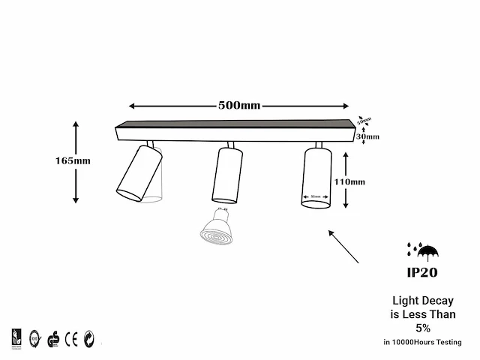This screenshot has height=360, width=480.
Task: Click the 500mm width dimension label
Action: (239, 105)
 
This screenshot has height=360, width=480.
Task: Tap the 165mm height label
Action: (73, 160)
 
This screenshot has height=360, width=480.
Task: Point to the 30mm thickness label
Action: (368, 137)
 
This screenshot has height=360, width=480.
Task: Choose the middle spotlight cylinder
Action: (227, 175)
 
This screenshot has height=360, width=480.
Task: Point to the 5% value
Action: (423, 328)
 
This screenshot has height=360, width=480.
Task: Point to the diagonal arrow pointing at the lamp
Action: (343, 247)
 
